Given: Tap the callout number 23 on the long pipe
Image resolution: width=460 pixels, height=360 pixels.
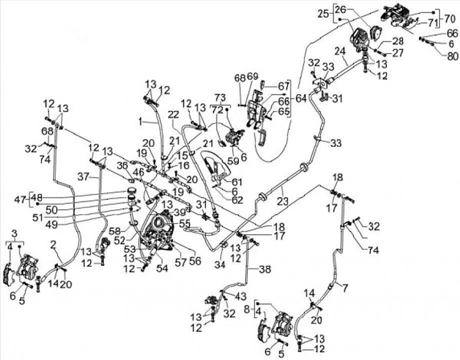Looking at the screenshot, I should click(x=282, y=200).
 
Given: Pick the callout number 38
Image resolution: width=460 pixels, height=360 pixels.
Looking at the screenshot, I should click(x=261, y=270).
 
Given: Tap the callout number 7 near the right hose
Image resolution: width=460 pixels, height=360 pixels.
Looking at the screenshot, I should click(x=345, y=288).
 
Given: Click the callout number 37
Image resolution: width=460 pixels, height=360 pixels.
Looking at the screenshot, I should click(x=82, y=176).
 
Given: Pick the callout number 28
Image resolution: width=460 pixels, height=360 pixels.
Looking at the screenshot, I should click(x=388, y=41).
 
